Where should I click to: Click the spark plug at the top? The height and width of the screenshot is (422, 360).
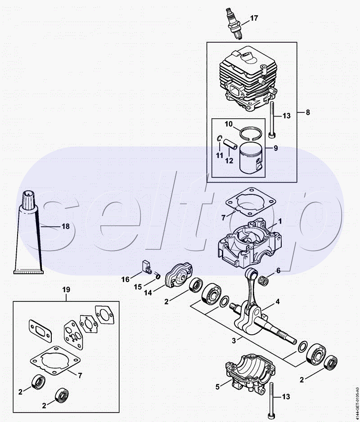[234, 24]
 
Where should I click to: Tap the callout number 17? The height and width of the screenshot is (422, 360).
[254, 18]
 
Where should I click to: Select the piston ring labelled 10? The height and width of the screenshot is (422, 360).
[252, 133]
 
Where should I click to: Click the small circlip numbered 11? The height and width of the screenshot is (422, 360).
[220, 138]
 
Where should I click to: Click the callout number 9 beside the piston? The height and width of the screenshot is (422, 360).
[275, 148]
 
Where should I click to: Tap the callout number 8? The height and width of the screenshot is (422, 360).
[308, 112]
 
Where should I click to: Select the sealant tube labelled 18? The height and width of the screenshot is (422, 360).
[28, 232]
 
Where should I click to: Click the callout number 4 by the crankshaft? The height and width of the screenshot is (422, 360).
[278, 302]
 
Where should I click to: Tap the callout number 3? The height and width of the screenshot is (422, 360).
[234, 341]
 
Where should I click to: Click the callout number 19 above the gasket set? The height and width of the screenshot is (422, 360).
[66, 290]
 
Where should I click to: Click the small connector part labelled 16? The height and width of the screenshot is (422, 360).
[147, 266]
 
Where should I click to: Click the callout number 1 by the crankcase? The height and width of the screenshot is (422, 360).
[280, 221]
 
